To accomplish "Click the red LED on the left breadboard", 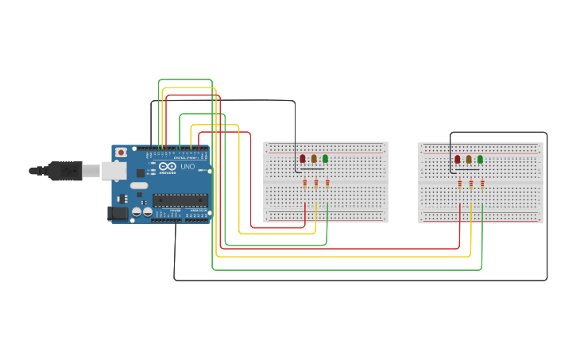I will (x=302, y=159).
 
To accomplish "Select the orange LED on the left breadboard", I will (x=314, y=159).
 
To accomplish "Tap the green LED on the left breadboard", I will (x=325, y=159).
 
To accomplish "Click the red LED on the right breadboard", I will (x=457, y=159).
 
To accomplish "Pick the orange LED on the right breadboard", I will (x=469, y=159).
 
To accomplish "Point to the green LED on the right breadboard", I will (x=480, y=159).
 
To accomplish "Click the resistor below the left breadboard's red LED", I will (x=305, y=184).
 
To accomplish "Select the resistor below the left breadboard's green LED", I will (x=327, y=184).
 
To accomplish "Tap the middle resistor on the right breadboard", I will (x=471, y=184).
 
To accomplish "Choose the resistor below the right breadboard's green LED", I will (x=482, y=184).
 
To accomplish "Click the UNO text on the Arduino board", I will (x=187, y=167).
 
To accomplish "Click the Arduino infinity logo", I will (x=167, y=165).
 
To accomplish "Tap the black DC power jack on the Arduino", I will (x=117, y=213).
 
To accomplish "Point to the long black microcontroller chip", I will (x=180, y=199).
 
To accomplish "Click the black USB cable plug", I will (x=64, y=170).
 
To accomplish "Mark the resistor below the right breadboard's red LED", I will (x=460, y=184).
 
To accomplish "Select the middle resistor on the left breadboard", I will (x=316, y=184).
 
